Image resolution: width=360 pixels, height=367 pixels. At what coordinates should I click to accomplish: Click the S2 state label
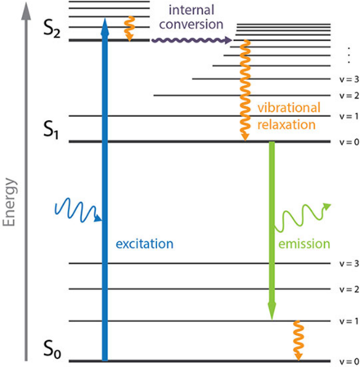point(52,29)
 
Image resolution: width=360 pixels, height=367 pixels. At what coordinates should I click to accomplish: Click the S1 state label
point(51,130)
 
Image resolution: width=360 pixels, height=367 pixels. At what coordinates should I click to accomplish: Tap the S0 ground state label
point(52,349)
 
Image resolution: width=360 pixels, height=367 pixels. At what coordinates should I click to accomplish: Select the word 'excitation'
point(145,244)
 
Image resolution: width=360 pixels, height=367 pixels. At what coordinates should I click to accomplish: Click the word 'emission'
point(304,244)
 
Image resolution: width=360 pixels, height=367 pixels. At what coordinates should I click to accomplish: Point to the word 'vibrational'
point(289,108)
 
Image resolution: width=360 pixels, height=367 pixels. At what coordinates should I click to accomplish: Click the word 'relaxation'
point(286,124)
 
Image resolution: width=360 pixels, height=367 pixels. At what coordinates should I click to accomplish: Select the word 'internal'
point(191,10)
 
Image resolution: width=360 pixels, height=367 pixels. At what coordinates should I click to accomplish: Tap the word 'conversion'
point(191,25)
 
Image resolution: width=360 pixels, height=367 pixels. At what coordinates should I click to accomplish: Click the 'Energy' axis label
point(9,202)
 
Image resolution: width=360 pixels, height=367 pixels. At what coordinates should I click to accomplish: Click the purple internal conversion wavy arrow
point(191,40)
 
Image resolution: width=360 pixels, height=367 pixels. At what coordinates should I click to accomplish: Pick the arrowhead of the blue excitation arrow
point(105,26)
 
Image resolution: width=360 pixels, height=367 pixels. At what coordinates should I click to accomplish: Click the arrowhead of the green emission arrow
point(272,311)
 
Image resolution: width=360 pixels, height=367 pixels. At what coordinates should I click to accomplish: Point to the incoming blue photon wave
point(79,211)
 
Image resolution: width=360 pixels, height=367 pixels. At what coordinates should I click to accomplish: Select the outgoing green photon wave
point(302,217)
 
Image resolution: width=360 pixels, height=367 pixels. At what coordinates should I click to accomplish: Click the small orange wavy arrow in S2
point(129,29)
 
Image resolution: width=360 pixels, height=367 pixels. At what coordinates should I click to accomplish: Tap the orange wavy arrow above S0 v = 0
point(298,340)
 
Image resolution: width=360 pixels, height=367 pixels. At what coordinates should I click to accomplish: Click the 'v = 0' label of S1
point(349,142)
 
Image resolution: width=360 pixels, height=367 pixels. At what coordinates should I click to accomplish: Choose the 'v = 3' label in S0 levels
point(349,263)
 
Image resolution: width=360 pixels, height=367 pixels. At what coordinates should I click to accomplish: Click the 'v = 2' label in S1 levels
point(349,96)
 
